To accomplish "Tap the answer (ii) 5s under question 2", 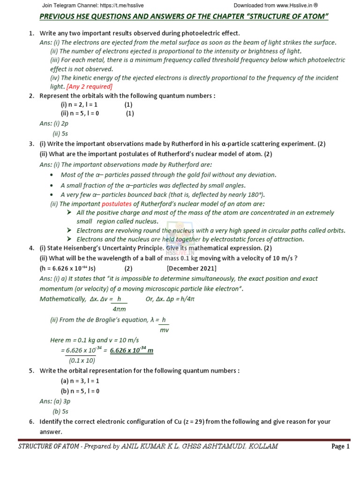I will (x=61, y=133).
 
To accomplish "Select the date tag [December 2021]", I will (x=191, y=269).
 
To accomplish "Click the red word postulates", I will (x=117, y=204).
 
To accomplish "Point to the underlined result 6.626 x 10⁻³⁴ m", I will (x=132, y=350).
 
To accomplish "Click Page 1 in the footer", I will (x=340, y=447).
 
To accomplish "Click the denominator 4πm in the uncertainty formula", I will (x=119, y=309).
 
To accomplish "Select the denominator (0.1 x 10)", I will (x=82, y=360).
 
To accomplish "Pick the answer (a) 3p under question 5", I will (x=61, y=402).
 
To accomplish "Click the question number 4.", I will (x=31, y=248).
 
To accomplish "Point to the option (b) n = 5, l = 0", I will (x=79, y=391).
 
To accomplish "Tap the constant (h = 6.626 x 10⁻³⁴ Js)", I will (x=67, y=269).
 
